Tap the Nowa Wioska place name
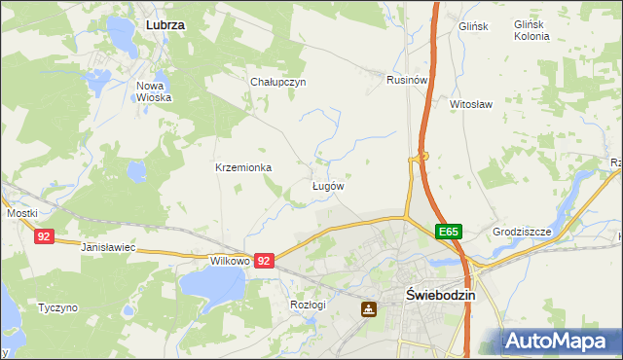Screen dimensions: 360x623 (154, 91)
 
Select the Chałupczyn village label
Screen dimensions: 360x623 (278, 82)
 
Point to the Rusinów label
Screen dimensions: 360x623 (407, 80)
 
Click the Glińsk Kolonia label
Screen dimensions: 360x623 (531, 29)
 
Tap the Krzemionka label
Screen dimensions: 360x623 (243, 167)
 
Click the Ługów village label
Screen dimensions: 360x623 (328, 185)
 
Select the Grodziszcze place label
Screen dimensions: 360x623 (522, 233)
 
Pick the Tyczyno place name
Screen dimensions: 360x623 (57, 307)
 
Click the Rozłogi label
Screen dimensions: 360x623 (307, 305)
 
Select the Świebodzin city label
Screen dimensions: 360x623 (439, 296)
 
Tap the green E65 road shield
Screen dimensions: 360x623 (448, 232)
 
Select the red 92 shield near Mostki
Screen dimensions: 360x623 (44, 236)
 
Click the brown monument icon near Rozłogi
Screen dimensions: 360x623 (369, 309)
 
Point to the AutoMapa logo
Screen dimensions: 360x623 (560, 342)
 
